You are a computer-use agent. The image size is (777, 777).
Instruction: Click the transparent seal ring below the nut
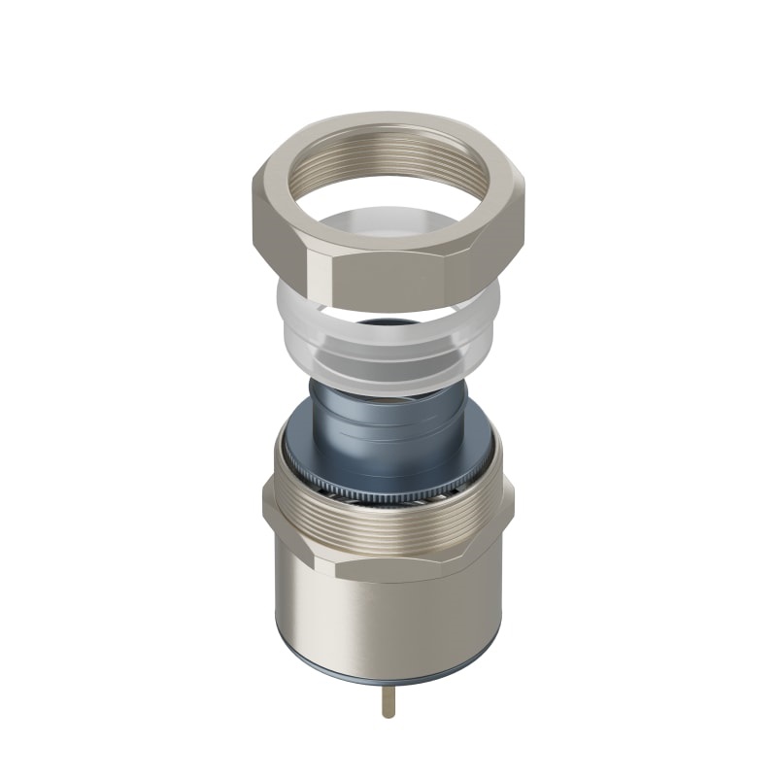(x=388, y=355)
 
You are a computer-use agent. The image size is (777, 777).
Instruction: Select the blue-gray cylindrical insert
(x=388, y=427)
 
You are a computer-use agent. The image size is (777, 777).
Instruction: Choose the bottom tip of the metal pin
(x=388, y=716)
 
